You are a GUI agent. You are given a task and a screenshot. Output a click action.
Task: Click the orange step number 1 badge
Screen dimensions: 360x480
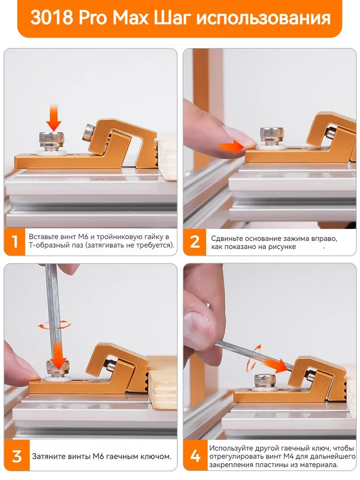click(x=14, y=241)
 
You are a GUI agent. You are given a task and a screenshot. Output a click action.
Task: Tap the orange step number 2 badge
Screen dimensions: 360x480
click(x=194, y=242)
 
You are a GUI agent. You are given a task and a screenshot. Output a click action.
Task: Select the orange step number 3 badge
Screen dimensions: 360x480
click(x=17, y=456)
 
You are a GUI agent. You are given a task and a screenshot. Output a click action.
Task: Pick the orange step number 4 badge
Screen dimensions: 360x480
click(x=195, y=456)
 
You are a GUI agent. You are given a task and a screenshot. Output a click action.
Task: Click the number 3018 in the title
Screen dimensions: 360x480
click(x=52, y=18)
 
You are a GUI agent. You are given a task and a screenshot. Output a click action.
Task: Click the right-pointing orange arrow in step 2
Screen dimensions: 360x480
click(x=232, y=146)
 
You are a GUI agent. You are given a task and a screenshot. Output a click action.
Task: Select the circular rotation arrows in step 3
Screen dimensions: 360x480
click(x=54, y=324)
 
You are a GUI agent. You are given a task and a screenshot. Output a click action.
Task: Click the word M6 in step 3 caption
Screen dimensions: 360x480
click(x=100, y=456)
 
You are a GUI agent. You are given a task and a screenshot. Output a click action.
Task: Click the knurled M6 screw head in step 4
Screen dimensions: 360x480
click(x=263, y=381)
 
